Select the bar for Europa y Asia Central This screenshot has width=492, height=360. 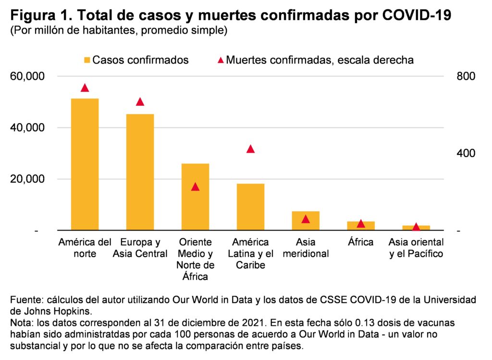[x=140, y=172]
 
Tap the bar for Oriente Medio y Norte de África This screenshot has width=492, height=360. [x=195, y=197]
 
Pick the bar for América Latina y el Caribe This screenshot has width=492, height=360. [x=250, y=207]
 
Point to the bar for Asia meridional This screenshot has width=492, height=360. [x=306, y=221]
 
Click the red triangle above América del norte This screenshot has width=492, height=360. [x=85, y=88]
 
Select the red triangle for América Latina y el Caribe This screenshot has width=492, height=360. [x=250, y=149]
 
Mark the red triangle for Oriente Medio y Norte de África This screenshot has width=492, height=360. [x=195, y=187]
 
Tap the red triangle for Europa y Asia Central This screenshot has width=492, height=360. [x=140, y=102]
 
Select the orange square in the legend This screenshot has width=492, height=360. [x=87, y=61]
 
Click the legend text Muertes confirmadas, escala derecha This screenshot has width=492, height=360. [x=320, y=61]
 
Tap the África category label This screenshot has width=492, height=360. [x=360, y=242]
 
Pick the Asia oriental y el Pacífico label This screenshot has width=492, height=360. [x=416, y=248]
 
